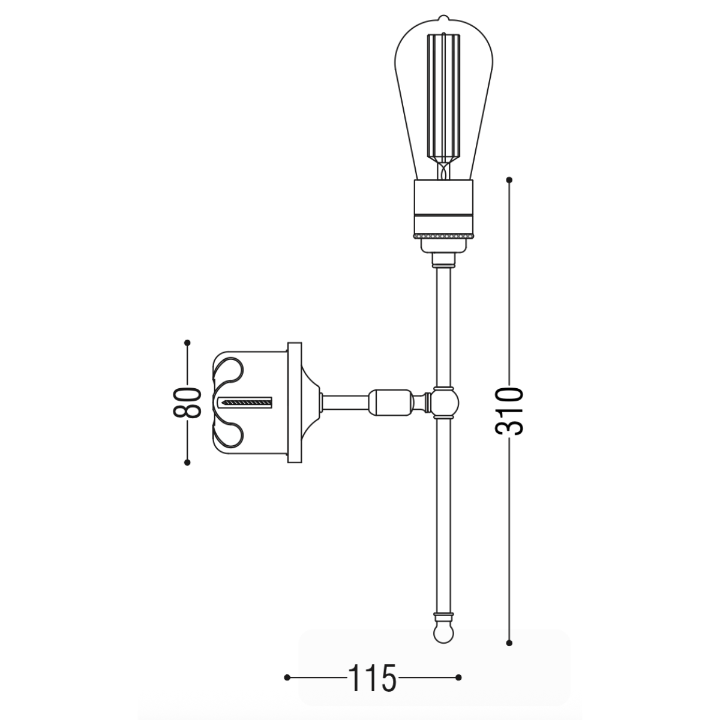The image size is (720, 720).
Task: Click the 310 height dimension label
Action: click(509, 411)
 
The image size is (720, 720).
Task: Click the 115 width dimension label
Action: click(371, 678)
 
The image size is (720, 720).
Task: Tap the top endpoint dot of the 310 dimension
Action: click(509, 179)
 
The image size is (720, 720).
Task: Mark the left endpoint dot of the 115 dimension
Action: click(287, 677)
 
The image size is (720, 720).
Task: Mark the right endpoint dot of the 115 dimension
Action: click(458, 677)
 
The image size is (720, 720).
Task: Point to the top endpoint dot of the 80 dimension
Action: click(188, 343)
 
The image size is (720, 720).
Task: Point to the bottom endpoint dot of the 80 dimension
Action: click(188, 462)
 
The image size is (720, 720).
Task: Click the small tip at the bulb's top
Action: click(443, 18)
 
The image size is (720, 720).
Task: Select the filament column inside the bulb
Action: click(443, 96)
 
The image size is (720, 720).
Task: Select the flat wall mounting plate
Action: click(295, 403)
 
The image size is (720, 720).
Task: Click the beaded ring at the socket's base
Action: click(443, 236)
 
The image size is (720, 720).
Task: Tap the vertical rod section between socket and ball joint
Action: click(443, 324)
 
